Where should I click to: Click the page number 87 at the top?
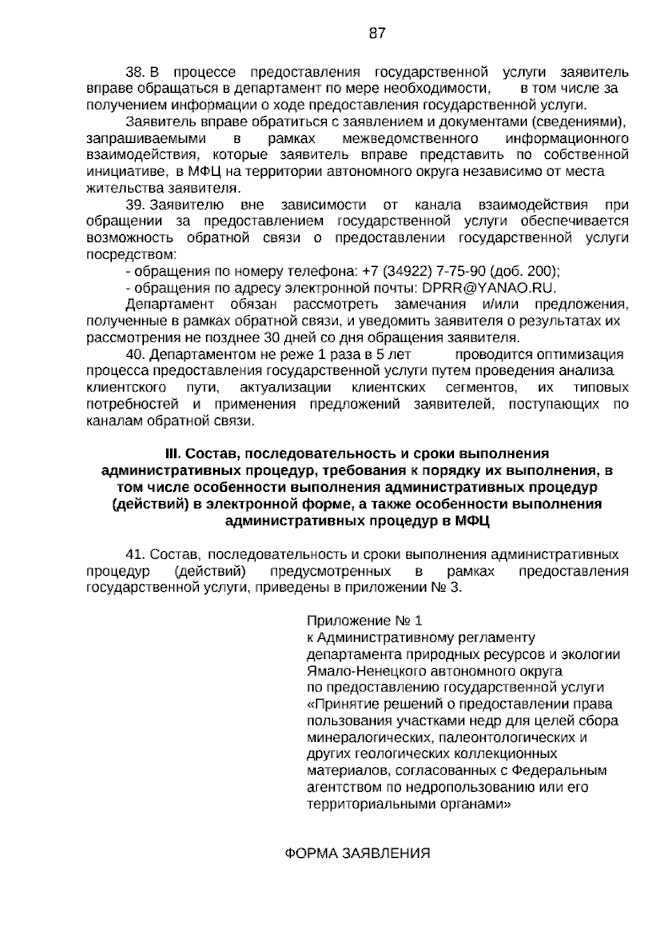tap(377, 33)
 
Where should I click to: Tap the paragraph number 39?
tap(135, 205)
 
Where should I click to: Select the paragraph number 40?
tap(135, 354)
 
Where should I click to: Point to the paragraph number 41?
tap(135, 554)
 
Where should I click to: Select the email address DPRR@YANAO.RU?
tap(489, 288)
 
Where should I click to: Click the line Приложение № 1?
tap(364, 621)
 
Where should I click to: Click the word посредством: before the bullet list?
tap(132, 255)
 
